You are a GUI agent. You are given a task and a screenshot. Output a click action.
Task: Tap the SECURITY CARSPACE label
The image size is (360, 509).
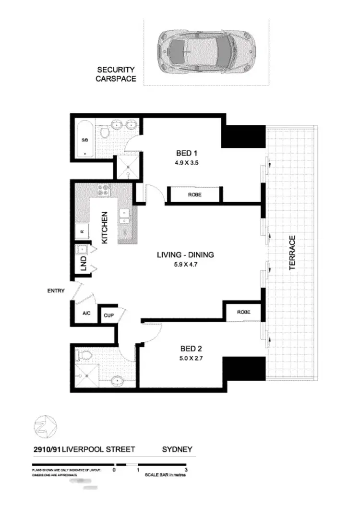116,74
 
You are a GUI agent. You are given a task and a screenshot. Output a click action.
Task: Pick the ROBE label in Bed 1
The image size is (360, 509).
195,195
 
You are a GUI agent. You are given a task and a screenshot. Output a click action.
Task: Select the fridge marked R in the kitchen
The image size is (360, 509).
82,231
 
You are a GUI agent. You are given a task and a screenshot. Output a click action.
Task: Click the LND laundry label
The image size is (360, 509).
83,262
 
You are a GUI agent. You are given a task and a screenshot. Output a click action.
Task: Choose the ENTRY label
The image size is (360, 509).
56,291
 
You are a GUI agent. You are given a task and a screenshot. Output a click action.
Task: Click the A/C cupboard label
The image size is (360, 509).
86,313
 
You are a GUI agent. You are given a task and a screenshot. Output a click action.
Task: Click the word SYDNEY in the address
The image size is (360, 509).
177,449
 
